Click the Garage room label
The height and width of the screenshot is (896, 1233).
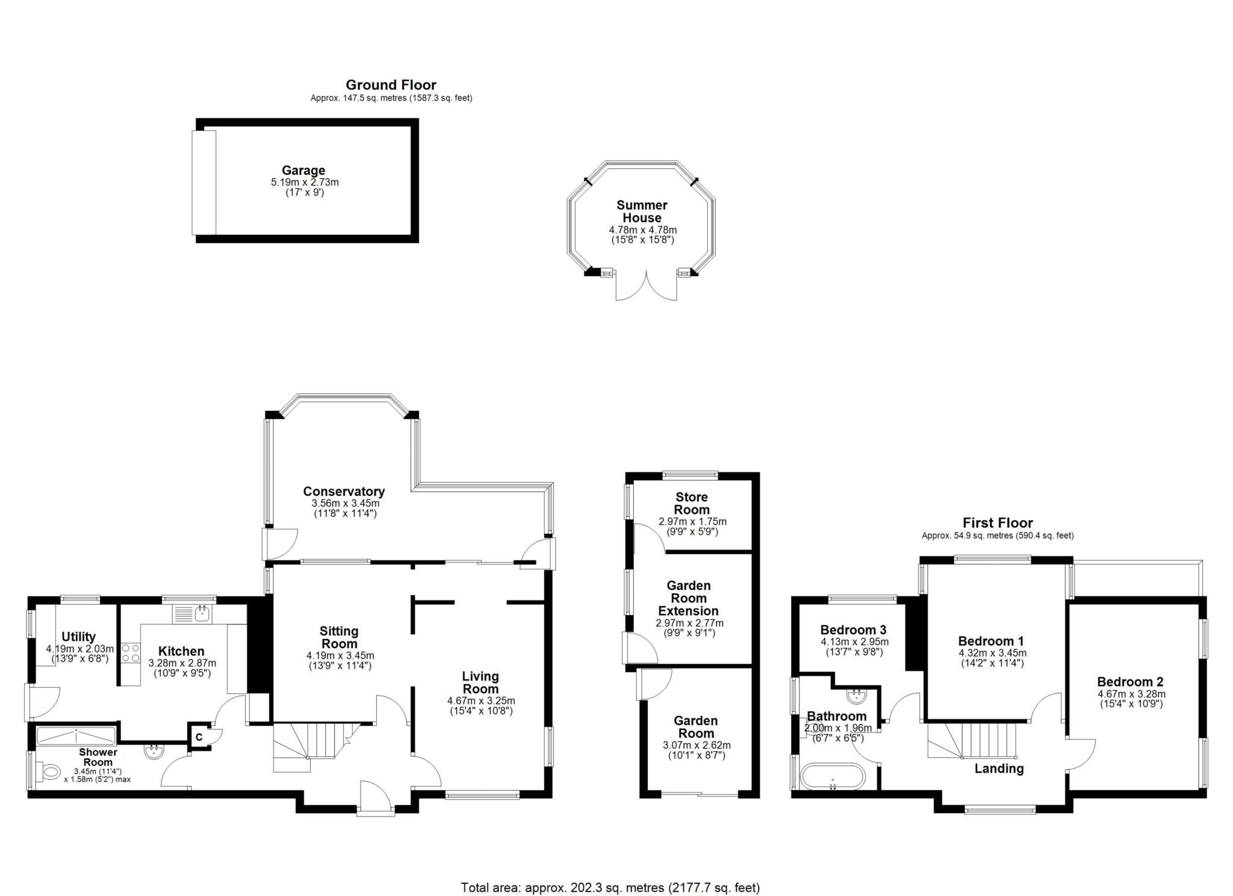pos(303,170)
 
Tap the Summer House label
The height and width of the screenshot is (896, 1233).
pos(642,211)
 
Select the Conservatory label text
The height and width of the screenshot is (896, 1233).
pos(344,492)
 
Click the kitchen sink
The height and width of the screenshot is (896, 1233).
pos(192,614)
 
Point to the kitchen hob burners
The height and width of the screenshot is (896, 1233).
pos(131,653)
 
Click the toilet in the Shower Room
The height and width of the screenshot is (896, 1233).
pos(48,771)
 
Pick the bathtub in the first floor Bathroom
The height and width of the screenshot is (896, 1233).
pos(833,776)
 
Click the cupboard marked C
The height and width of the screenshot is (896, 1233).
pos(199,736)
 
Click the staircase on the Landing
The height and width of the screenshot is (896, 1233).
pos(972,740)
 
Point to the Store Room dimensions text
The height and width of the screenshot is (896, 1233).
pos(692,527)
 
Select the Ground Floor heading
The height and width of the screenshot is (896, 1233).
pos(391,85)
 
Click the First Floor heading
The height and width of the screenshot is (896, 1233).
pos(998,522)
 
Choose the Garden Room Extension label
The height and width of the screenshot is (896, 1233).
pos(689,598)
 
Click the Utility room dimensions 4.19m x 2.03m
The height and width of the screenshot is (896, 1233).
pos(79,649)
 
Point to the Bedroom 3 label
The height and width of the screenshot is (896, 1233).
pos(853,629)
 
